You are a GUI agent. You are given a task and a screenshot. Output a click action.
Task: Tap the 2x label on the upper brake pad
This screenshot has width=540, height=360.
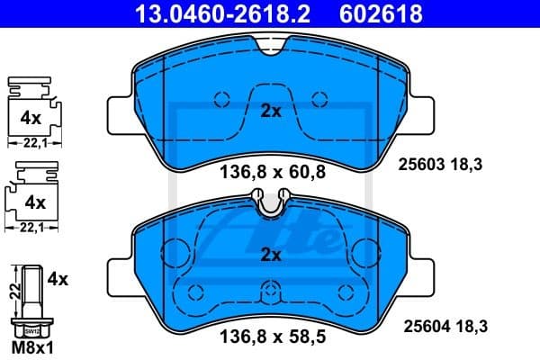pyautogui.click(x=271, y=112)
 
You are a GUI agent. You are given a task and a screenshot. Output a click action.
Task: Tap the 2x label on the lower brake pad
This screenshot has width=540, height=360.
pyautogui.click(x=271, y=255)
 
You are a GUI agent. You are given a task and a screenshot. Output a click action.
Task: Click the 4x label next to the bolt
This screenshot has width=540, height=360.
pyautogui.click(x=58, y=280)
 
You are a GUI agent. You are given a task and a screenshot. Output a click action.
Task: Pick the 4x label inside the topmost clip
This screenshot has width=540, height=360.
pyautogui.click(x=31, y=117)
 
